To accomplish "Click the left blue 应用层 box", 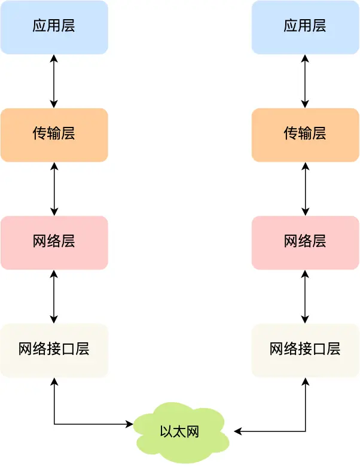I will (x=54, y=27).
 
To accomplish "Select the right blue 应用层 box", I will (x=305, y=27).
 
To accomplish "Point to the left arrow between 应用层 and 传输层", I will (x=54, y=81).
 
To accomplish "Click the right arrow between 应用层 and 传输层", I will (x=306, y=81).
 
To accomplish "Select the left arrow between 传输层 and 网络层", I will (x=54, y=189).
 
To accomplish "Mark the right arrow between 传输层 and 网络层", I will (x=306, y=189).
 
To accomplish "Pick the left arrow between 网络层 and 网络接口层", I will (x=54, y=296).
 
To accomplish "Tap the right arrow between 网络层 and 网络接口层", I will (x=306, y=296).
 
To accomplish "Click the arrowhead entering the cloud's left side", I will (x=129, y=424).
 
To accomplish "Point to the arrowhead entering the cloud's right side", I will (x=237, y=431).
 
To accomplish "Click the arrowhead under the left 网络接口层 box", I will (x=54, y=382).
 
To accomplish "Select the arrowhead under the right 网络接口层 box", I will (x=306, y=382).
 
